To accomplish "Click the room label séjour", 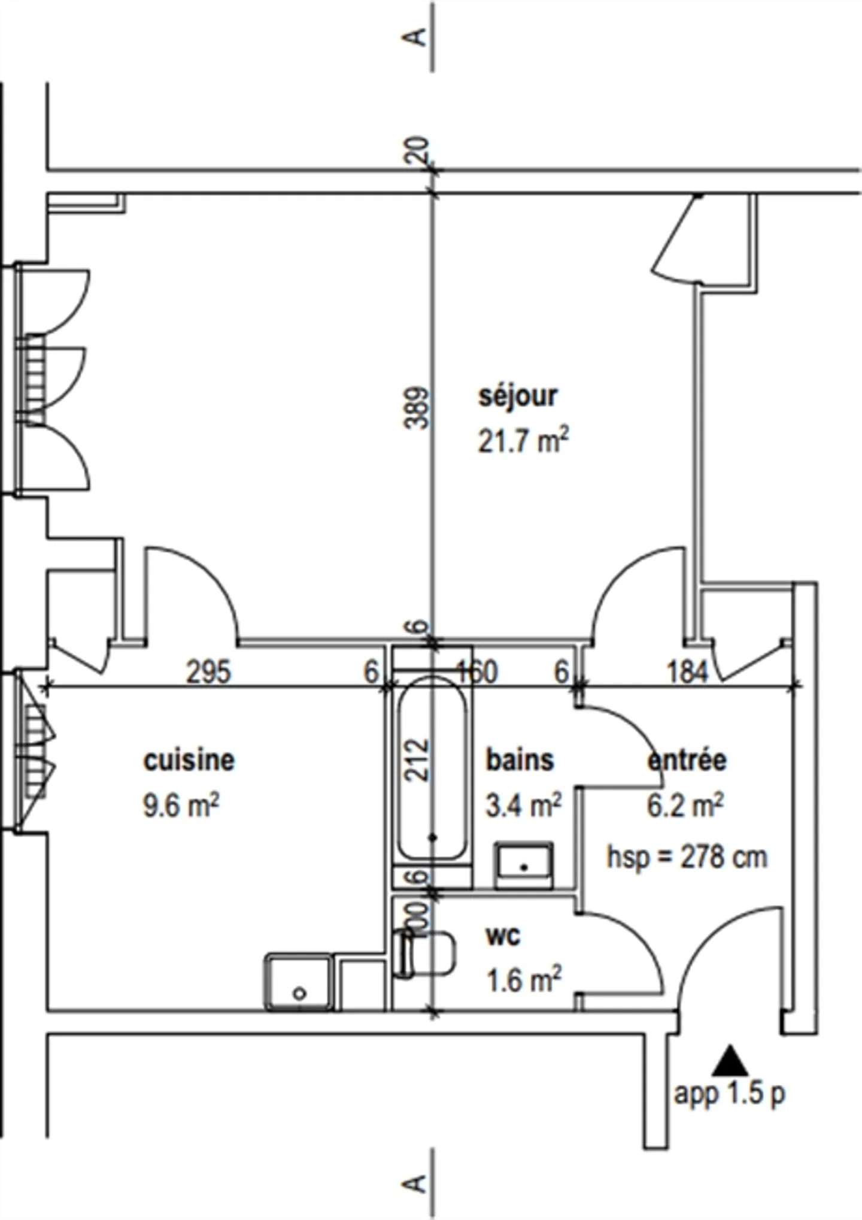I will [x=517, y=397].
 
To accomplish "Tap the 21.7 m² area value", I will [x=523, y=442].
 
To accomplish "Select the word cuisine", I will [x=189, y=760].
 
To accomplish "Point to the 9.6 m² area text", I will [x=181, y=806].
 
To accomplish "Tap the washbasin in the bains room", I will [x=524, y=865].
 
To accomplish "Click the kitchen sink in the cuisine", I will [x=299, y=982].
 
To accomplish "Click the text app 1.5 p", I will [x=729, y=1094].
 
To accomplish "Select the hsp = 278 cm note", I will [x=687, y=857].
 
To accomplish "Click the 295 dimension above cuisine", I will [x=208, y=671].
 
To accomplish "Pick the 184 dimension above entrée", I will [x=687, y=671].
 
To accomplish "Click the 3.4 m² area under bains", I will [x=523, y=806].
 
